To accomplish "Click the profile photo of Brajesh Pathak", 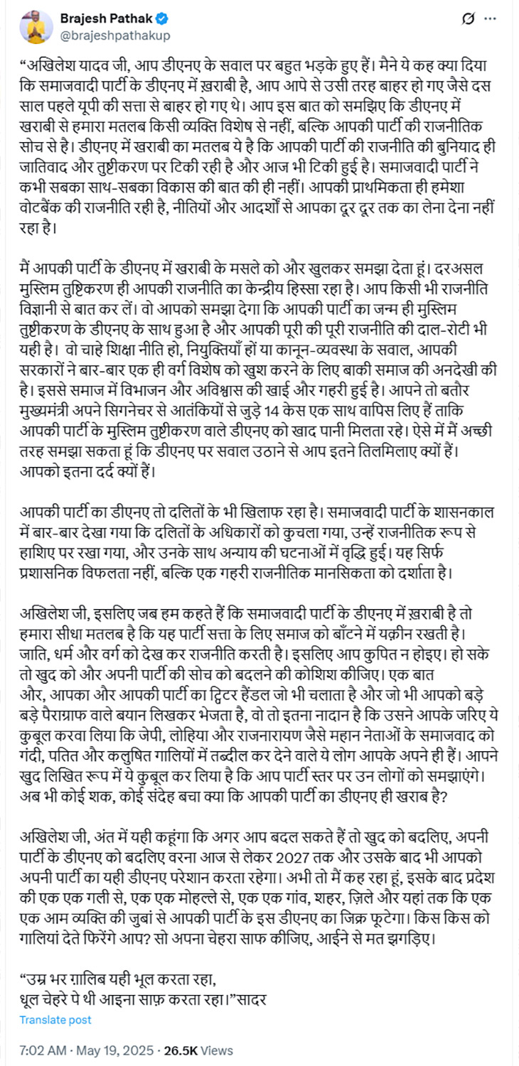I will pos(36,27).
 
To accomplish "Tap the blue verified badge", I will pos(163,19).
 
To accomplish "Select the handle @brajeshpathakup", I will pos(114,35).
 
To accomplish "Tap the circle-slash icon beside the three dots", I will pos(468,19).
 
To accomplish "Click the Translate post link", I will pos(55,1019).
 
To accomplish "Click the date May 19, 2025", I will pos(116,1050).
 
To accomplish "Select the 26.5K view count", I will pos(181,1050).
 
